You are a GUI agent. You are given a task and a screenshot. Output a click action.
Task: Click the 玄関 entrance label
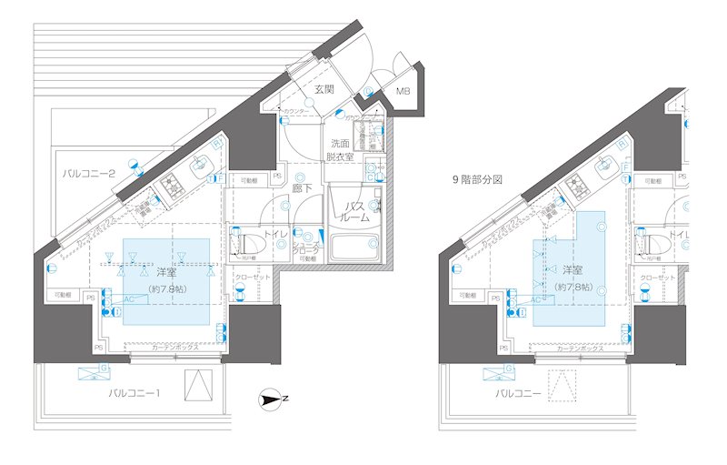(x=325, y=89)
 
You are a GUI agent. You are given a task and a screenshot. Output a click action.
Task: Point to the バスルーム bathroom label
(x=354, y=213)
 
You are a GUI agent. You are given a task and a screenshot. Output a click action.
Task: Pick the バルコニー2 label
(x=87, y=173)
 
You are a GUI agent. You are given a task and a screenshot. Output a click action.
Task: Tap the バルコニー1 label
(x=134, y=393)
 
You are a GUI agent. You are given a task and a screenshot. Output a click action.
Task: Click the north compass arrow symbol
(x=271, y=398)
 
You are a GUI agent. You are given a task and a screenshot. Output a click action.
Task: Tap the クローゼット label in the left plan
(x=251, y=277)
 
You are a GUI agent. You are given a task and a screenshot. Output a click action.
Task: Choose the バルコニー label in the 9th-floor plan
(x=520, y=393)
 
